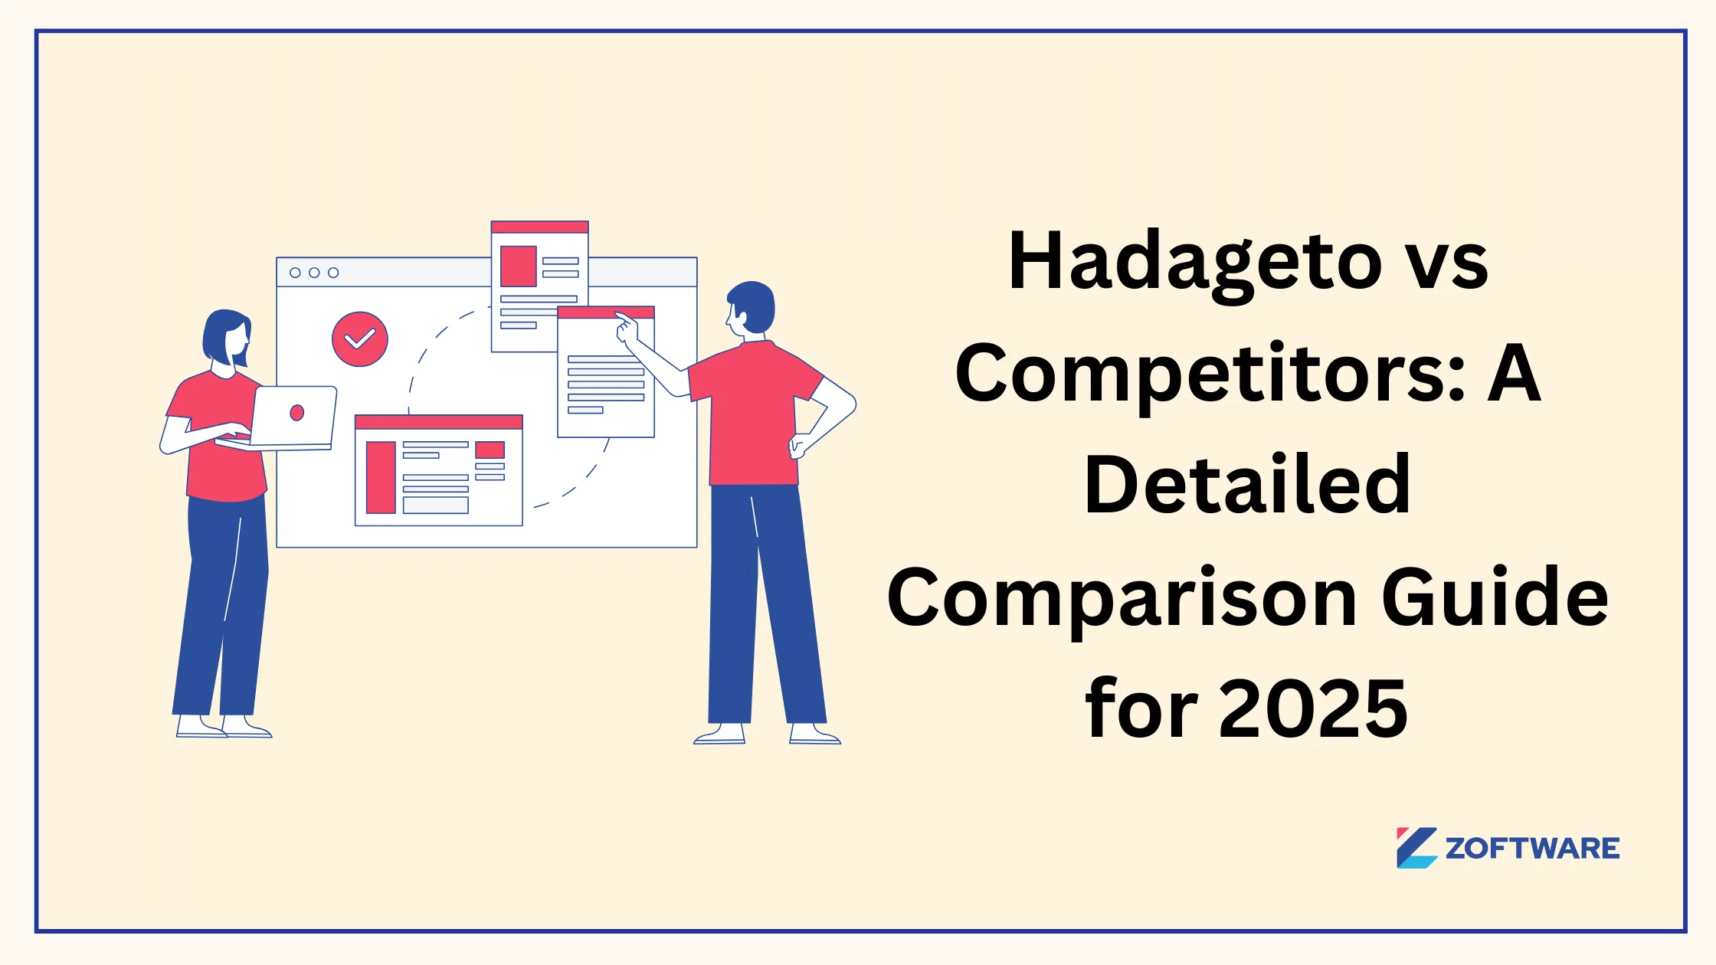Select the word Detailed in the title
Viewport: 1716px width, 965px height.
[1248, 486]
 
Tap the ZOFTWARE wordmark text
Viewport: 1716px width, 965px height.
[1532, 849]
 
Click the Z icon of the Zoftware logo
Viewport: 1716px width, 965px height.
[1416, 848]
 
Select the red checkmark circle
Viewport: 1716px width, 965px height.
[359, 339]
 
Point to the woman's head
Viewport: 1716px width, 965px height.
[228, 337]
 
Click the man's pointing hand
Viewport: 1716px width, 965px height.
[627, 328]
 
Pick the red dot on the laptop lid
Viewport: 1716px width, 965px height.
[297, 413]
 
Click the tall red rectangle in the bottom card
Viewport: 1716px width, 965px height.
[381, 477]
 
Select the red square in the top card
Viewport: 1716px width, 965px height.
[518, 266]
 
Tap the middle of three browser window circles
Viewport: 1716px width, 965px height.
[314, 273]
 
